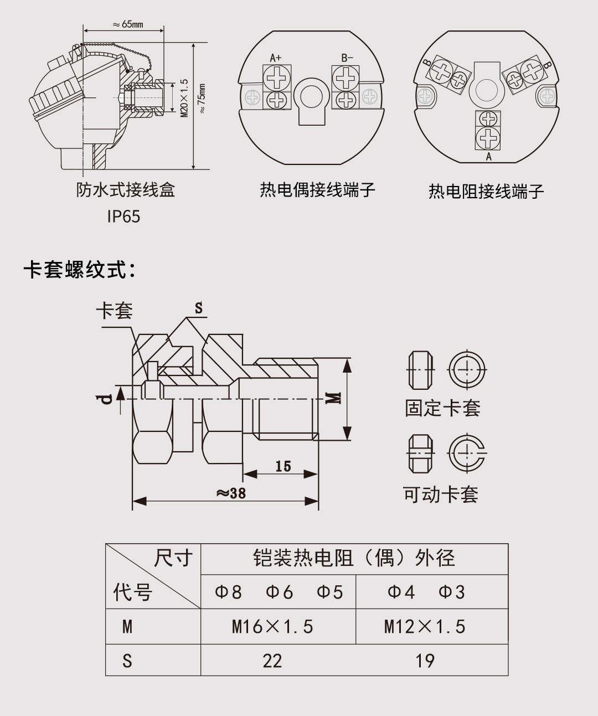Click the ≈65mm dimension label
coord(127,24)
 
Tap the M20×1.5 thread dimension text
coord(184,97)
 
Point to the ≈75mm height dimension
coord(202,99)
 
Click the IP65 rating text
coord(123,217)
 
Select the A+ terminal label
coord(275,58)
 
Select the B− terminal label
coord(347,58)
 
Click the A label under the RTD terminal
coord(488,157)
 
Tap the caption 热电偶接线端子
coord(317,190)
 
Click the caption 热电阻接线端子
coord(486,192)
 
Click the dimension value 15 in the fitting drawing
coord(283,466)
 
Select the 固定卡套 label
coord(442,408)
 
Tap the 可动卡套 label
coord(440,494)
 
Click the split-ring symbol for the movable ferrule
coord(466,454)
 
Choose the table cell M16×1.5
coord(272,627)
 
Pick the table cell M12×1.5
coord(425,627)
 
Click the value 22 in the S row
coord(272,661)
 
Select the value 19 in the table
coord(425,661)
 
